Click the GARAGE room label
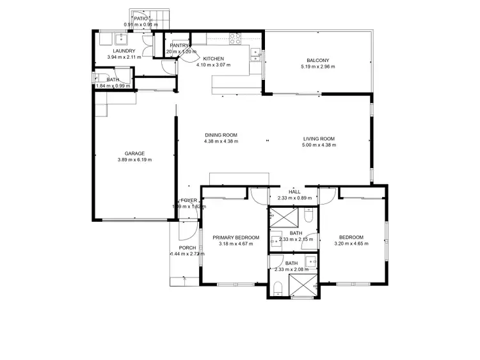tap(134, 153)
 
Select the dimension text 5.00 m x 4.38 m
tap(319, 145)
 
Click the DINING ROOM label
tap(221, 135)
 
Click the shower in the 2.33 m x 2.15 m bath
tap(278, 219)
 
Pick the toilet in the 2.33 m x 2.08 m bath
tap(276, 292)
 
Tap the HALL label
tap(294, 191)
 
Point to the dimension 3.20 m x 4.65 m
tap(351, 244)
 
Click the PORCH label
tap(188, 247)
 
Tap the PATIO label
tap(141, 19)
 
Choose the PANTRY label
tap(179, 45)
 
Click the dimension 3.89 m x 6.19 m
tap(134, 160)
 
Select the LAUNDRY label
tap(124, 51)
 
